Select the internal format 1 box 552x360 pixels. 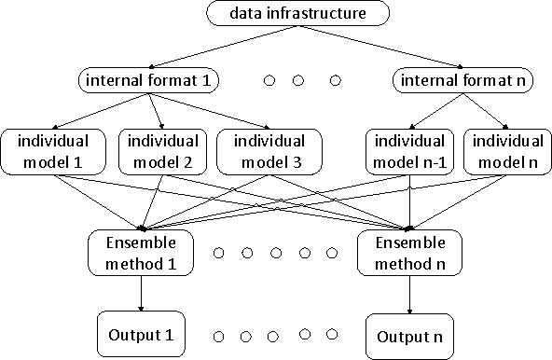pos(150,80)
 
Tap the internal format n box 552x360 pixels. pos(462,80)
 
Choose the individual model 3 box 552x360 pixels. pos(269,151)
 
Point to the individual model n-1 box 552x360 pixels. pos(410,151)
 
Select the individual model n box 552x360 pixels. pos(503,151)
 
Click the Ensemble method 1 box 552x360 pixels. pos(141,252)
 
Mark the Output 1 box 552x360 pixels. pos(141,333)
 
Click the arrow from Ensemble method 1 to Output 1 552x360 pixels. pos(141,293)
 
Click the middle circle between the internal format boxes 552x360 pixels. pos(298,81)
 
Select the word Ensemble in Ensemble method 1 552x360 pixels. pos(141,242)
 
